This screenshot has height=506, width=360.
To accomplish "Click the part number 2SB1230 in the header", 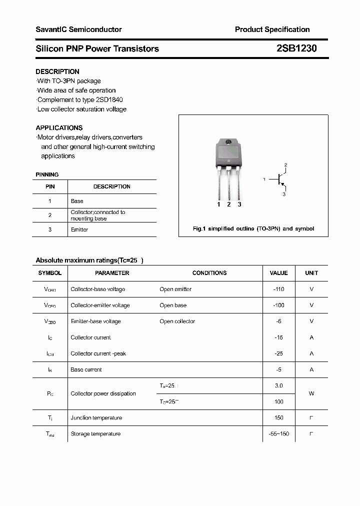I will [x=296, y=48].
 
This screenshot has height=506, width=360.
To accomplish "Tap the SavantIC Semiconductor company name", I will [x=78, y=29].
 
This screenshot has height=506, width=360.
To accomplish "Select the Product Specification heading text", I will [x=272, y=29].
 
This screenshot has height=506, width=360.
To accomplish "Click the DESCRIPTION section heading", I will [x=57, y=71].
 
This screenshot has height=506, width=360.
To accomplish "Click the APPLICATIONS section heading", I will [x=59, y=127].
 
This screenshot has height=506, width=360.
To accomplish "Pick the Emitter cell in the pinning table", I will [x=79, y=229].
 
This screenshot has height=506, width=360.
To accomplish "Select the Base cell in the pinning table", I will [x=77, y=201].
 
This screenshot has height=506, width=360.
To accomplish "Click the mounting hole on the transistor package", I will [x=229, y=142].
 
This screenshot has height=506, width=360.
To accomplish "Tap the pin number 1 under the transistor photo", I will [x=218, y=204].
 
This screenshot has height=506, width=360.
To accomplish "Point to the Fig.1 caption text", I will [x=253, y=228].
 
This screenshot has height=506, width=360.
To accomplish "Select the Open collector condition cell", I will [x=177, y=321].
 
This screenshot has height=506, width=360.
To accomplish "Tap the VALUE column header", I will [x=278, y=273].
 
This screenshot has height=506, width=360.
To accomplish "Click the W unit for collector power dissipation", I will [x=311, y=393].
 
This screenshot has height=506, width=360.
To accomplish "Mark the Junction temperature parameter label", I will [x=96, y=417].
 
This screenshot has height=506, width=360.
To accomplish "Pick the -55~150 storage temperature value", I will [x=278, y=433].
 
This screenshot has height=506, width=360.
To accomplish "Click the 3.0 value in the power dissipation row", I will [x=278, y=385].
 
